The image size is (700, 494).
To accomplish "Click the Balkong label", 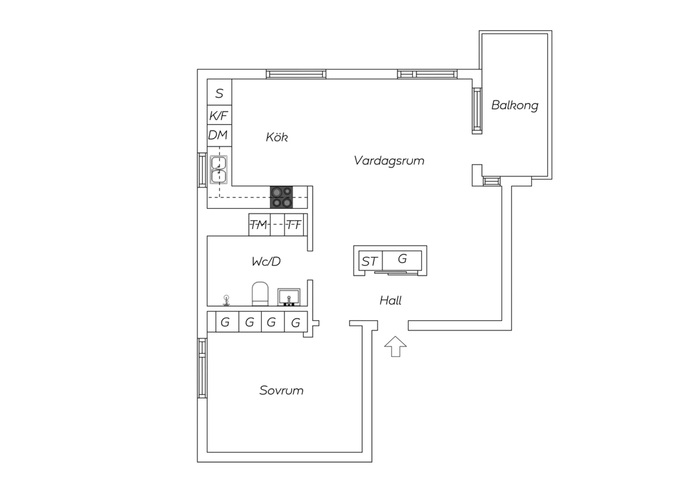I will pyautogui.click(x=514, y=105).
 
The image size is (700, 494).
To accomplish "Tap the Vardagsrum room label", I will pyautogui.click(x=389, y=161).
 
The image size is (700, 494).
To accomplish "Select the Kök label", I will pyautogui.click(x=277, y=137).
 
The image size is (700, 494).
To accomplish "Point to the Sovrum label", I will pyautogui.click(x=281, y=391).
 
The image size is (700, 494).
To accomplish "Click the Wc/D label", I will pyautogui.click(x=266, y=261).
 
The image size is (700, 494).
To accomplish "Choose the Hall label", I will pyautogui.click(x=391, y=301).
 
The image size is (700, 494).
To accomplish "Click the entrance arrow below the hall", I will pyautogui.click(x=395, y=346).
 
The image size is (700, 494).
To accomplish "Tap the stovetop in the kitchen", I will pyautogui.click(x=282, y=197).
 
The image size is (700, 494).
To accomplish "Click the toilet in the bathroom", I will pyautogui.click(x=260, y=294).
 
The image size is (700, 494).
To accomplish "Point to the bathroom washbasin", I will pyautogui.click(x=289, y=297).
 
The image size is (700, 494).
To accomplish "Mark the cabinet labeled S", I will pyautogui.click(x=219, y=93).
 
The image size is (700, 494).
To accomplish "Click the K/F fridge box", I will pyautogui.click(x=219, y=115).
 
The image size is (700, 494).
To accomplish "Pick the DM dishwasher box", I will pyautogui.click(x=218, y=135).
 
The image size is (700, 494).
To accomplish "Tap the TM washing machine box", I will pyautogui.click(x=259, y=225).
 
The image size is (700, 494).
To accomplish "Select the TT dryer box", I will pyautogui.click(x=294, y=225).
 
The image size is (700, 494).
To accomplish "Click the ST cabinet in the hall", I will pyautogui.click(x=370, y=261).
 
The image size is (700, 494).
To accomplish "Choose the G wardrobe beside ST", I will pyautogui.click(x=402, y=259).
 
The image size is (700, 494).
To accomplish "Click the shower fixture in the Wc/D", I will pyautogui.click(x=226, y=300).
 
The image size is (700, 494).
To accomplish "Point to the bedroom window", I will pyautogui.click(x=202, y=368).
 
